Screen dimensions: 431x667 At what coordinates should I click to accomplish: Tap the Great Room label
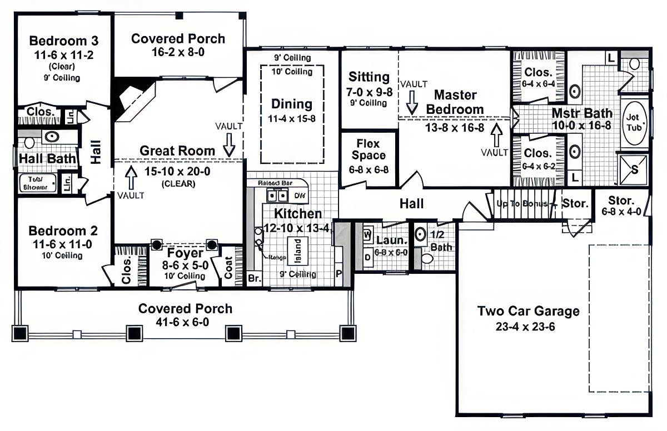pos(177,151)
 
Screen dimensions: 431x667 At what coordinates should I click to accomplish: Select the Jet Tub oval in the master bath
pos(634,123)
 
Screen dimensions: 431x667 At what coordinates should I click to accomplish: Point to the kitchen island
pos(297,245)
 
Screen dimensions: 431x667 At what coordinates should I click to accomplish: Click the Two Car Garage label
pos(528,311)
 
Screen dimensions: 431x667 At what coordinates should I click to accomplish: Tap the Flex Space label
pos(368,149)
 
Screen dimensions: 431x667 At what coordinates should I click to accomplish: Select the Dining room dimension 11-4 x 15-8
pos(292,118)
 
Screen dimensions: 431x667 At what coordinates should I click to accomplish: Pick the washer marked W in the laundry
pos(367,234)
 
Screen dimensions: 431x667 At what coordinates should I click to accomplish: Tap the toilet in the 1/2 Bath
pos(427,258)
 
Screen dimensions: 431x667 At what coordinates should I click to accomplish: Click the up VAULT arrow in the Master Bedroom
pos(496,133)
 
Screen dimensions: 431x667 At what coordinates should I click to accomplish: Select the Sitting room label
pos(369,77)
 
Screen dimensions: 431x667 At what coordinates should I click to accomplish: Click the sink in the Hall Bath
pos(52,136)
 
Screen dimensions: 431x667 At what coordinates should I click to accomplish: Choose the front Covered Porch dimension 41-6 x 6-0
pos(185,322)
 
